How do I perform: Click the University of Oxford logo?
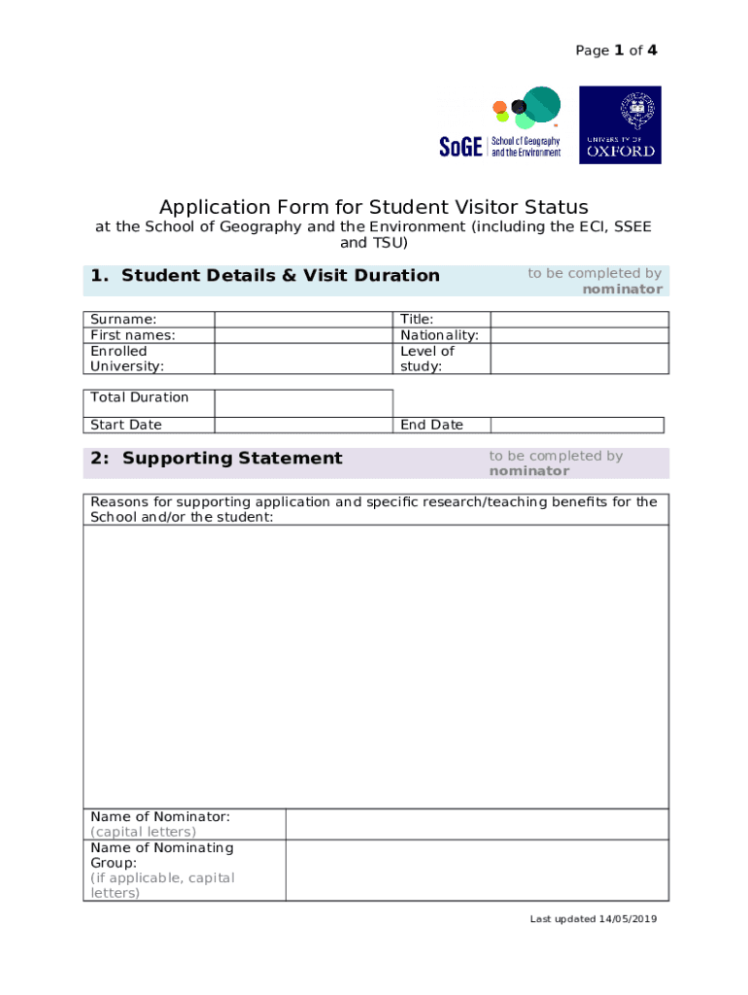pos(620,124)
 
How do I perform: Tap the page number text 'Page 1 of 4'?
pos(616,51)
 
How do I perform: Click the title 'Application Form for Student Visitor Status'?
pos(374,207)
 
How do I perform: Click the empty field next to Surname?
pos(303,320)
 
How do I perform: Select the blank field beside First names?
pos(303,335)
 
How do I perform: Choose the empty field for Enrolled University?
pos(303,359)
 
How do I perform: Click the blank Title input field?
pos(579,320)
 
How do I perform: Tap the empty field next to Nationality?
pos(579,335)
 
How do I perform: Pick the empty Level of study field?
pos(579,359)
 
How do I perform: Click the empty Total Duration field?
pos(303,403)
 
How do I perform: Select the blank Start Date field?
pos(303,425)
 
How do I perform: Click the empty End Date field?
pos(577,425)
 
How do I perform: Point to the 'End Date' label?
pos(431,425)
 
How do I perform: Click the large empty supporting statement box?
pos(376,666)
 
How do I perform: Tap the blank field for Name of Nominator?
pos(476,824)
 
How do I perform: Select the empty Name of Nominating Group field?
pos(476,870)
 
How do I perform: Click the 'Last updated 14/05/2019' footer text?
pos(594,919)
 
